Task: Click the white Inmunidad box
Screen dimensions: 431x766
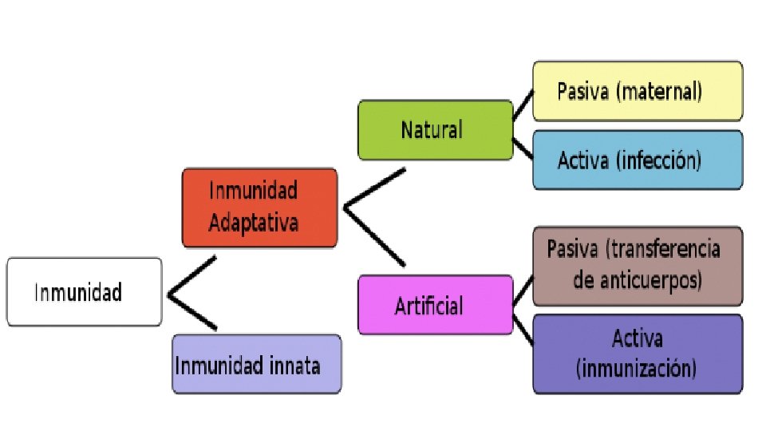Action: pos(84,292)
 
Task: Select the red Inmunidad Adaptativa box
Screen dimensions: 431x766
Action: pos(259,208)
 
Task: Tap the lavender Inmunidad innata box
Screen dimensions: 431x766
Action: pos(256,365)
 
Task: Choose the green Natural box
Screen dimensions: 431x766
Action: pos(435,130)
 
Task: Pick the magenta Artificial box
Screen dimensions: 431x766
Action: pos(435,304)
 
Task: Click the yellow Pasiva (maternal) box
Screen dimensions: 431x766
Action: pos(637,91)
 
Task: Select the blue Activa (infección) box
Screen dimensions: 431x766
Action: pos(637,160)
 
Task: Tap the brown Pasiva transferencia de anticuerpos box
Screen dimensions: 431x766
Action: pos(637,266)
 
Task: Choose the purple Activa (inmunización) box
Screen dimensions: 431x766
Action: pos(637,354)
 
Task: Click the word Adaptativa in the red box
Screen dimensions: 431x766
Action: pos(254,222)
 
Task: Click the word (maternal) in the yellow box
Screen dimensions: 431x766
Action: pos(659,91)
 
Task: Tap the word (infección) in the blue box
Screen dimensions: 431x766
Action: pos(658,161)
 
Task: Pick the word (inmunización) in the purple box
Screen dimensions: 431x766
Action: pos(637,369)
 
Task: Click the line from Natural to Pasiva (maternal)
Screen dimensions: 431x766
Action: pos(523,105)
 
